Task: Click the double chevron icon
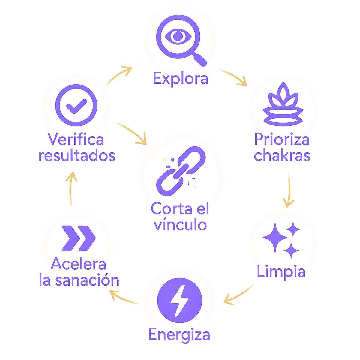[x=78, y=238]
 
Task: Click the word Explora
[x=180, y=79]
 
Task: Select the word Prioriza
[x=282, y=140]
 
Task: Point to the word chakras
[x=282, y=155]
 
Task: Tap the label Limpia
[x=281, y=272]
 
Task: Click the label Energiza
[x=179, y=335]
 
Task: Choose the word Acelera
[x=79, y=265]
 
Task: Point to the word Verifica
[x=76, y=140]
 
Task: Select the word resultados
[x=77, y=156]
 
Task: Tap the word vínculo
[x=180, y=225]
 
